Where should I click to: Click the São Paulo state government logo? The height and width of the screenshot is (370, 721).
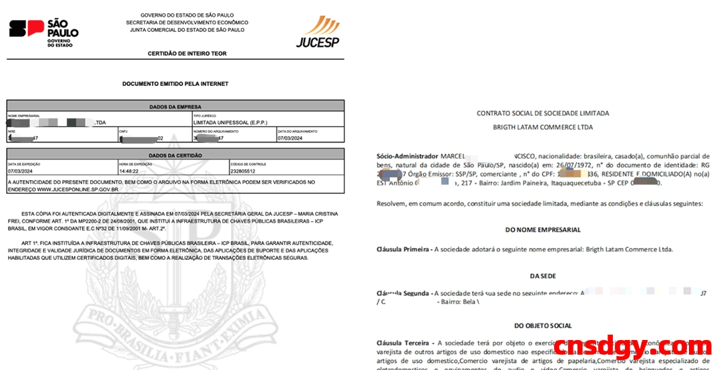coord(43,29)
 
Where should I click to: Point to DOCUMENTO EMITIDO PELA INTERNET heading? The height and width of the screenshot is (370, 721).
coord(175,84)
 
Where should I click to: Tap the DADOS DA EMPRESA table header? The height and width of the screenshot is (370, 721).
coord(176,106)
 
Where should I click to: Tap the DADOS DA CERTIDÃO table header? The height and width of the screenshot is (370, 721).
coord(176,155)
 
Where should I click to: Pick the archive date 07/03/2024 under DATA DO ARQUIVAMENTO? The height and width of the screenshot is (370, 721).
coord(291,139)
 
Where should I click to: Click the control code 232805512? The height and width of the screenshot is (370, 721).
coord(242,171)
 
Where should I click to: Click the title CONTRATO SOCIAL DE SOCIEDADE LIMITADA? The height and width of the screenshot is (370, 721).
coord(542,113)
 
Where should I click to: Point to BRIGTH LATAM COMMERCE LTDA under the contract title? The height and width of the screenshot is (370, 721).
coord(542,127)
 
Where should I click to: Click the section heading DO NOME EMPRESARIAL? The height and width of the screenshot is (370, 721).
coord(542,229)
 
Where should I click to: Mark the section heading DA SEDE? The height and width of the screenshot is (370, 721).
coord(542,275)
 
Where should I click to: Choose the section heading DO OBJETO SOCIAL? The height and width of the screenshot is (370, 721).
coord(542,325)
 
